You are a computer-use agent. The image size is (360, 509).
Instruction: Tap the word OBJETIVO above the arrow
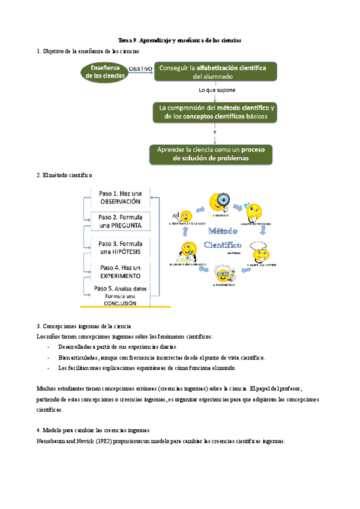point(141,68)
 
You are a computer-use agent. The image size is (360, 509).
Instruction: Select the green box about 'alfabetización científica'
point(214,72)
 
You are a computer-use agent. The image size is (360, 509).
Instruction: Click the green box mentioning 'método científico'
point(214,112)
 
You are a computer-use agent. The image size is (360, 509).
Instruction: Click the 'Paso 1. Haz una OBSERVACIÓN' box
point(121,197)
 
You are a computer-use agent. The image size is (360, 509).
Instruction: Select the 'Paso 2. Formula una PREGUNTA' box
point(121,221)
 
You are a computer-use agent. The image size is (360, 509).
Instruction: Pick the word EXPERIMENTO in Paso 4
point(121,276)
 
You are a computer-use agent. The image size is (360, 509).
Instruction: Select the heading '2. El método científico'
point(64,175)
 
